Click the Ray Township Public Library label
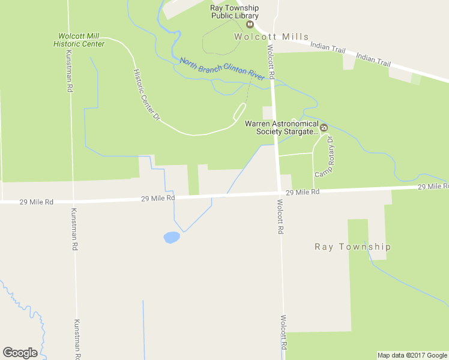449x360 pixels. coord(234,12)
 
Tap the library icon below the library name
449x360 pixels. coord(250,24)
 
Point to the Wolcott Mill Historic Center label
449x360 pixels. coord(79,40)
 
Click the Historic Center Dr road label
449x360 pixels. coord(147,95)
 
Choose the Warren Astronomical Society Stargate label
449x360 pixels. coord(281,127)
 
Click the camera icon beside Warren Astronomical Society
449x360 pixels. coord(324,127)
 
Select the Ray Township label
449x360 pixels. coord(353,247)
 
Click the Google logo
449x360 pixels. coord(20,353)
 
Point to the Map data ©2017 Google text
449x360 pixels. coord(412,355)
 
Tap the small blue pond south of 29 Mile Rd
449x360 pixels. coord(171,238)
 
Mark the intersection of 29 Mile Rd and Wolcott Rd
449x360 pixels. coord(279,193)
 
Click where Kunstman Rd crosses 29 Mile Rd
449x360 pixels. coord(72,201)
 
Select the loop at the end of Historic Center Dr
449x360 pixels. coord(239,112)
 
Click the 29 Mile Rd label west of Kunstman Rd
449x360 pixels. coord(36,202)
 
